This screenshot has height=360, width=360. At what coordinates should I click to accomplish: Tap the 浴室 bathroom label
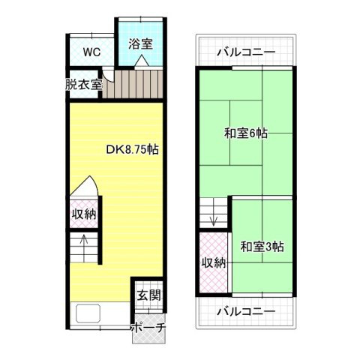pos(140,43)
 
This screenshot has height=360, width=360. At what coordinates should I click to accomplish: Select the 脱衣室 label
pos(83,84)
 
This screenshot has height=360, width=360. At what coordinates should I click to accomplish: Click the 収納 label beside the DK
pos(83,214)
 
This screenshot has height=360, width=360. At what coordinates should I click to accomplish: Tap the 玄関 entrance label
pos(148,296)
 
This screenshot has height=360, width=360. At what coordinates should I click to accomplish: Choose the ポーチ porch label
pos(148,328)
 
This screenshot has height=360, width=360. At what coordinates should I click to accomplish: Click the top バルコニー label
pos(247,52)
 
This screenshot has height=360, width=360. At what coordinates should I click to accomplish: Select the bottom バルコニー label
pos(247,311)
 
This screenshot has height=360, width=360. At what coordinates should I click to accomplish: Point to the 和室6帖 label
pos(246,134)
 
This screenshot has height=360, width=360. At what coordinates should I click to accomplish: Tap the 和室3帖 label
pos(262,245)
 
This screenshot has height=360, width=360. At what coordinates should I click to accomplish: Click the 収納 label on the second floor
pos(213,263)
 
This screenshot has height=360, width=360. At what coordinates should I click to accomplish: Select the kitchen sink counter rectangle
pos(88,315)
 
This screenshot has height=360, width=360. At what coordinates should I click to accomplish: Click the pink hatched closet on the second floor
pos(213,263)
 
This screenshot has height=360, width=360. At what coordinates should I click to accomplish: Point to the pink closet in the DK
pos(83,214)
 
